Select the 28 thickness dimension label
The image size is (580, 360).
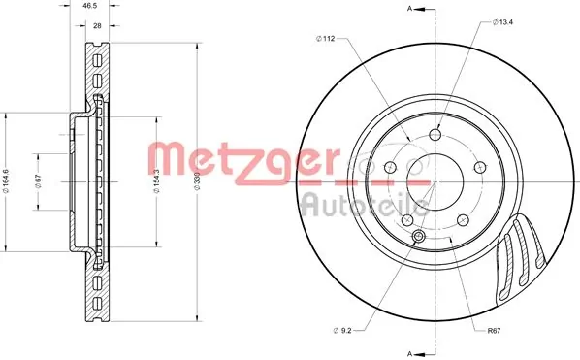(97, 26)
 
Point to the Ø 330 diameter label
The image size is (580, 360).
(197, 180)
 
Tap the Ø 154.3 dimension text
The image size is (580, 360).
(156, 180)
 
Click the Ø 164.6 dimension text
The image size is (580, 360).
(6, 180)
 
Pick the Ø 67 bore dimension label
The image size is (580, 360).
(38, 180)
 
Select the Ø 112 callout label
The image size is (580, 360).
(326, 39)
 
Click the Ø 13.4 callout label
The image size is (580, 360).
(502, 22)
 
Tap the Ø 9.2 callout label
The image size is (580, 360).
(342, 331)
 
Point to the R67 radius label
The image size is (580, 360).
(494, 331)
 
